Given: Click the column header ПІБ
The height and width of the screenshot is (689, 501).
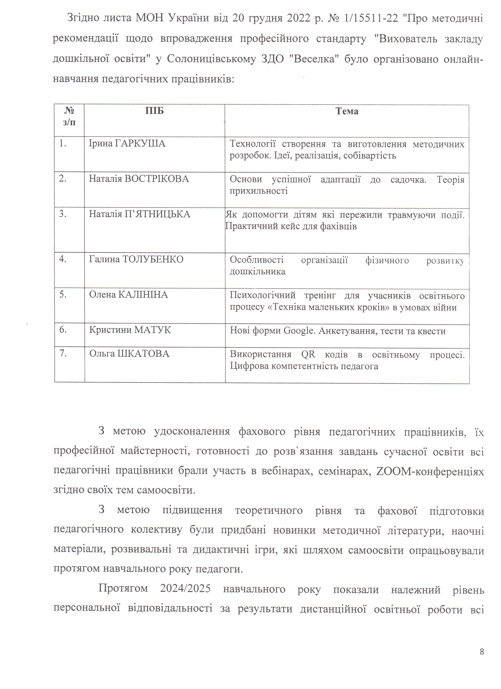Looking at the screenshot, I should click(154, 111).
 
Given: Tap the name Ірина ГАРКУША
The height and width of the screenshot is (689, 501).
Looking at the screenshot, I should click(127, 143).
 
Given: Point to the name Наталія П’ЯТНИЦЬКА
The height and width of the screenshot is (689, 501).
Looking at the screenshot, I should click(139, 214).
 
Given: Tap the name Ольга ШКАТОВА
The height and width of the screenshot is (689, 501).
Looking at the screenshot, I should click(129, 354).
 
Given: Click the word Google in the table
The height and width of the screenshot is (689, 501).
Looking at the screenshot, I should click(298, 331).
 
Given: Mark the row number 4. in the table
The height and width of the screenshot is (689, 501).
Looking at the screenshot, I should click(63, 259).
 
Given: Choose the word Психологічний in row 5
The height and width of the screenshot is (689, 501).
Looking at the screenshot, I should click(262, 295).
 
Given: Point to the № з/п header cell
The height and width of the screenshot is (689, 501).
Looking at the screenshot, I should click(69, 116).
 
